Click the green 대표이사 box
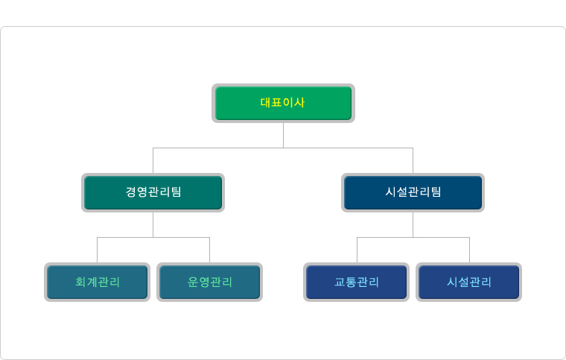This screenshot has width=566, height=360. pyautogui.click(x=283, y=104)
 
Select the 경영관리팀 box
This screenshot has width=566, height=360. pyautogui.click(x=153, y=192)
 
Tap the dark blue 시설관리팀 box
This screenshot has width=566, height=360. pyautogui.click(x=413, y=192)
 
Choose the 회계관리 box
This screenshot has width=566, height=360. pyautogui.click(x=97, y=282)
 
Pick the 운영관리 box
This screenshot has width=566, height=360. pyautogui.click(x=210, y=282)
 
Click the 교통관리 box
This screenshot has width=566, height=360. pyautogui.click(x=357, y=282)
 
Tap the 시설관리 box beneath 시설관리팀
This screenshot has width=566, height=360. pyautogui.click(x=469, y=282)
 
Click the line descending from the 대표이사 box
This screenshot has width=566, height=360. pyautogui.click(x=283, y=135)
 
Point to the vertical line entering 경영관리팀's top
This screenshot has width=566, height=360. pyautogui.click(x=153, y=160)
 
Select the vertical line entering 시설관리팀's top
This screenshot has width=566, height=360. pyautogui.click(x=413, y=160)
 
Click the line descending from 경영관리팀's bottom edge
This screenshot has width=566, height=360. pyautogui.click(x=153, y=224)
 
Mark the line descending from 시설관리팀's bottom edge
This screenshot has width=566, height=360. pyautogui.click(x=413, y=224)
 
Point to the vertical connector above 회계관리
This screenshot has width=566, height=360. pyautogui.click(x=97, y=250)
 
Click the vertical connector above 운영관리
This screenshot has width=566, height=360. pyautogui.click(x=210, y=250)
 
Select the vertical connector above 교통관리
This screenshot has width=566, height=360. pyautogui.click(x=357, y=250)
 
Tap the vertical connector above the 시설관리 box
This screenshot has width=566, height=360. pyautogui.click(x=470, y=250)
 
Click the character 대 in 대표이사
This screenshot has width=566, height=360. pyautogui.click(x=266, y=103)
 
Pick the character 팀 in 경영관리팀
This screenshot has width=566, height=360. pyautogui.click(x=177, y=192)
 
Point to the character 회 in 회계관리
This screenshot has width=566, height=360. pyautogui.click(x=80, y=282)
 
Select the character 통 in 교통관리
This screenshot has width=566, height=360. pyautogui.click(x=351, y=282)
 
